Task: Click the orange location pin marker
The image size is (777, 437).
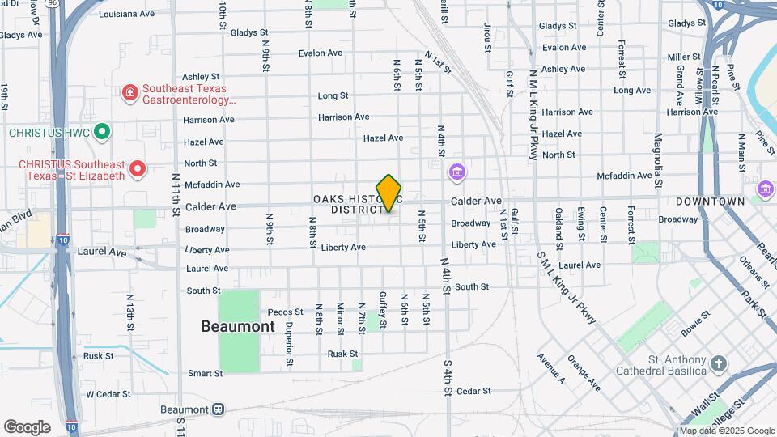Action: (388, 193)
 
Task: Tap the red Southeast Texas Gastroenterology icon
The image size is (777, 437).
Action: (129, 94)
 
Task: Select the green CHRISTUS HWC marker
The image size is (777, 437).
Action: (101, 131)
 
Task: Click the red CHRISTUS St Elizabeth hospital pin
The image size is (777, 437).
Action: (138, 169)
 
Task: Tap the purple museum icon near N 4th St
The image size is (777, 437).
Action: (457, 172)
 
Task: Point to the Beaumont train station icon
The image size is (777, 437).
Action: (219, 409)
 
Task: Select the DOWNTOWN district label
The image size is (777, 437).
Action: (710, 202)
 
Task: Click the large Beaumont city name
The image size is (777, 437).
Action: (238, 326)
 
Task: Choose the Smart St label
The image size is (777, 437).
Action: (205, 374)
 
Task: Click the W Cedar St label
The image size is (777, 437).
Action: (108, 394)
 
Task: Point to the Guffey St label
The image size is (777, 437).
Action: (384, 310)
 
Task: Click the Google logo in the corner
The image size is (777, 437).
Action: (27, 426)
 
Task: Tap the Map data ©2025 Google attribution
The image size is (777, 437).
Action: (727, 431)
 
